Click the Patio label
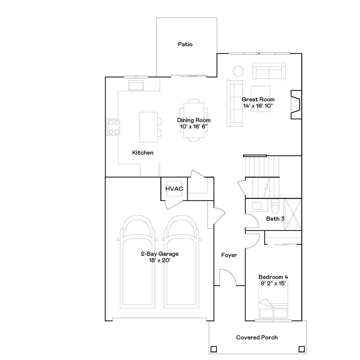point(185,44)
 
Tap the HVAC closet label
point(174,189)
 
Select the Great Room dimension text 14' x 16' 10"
point(258,106)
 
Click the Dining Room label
point(194,120)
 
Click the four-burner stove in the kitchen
point(113,127)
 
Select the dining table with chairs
point(194,120)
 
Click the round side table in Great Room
point(238,71)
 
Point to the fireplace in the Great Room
point(296,105)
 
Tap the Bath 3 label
point(275,219)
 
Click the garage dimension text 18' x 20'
point(159,260)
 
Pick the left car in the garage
point(137,264)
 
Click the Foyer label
point(229,255)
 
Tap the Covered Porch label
point(257,338)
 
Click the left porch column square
point(214,348)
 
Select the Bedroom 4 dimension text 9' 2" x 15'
point(273,284)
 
